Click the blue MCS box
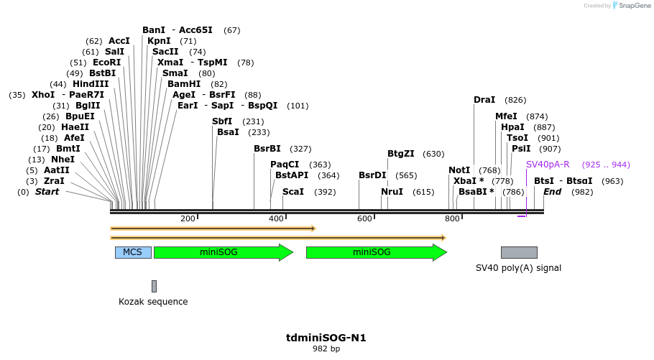click(133, 252)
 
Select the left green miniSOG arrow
click(223, 252)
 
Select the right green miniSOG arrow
click(376, 252)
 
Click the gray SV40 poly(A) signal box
click(519, 252)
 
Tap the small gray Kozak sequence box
click(154, 286)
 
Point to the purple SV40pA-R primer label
click(548, 165)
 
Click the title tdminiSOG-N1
click(326, 337)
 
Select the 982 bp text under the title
click(326, 349)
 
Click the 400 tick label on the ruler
click(276, 219)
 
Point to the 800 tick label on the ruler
click(452, 219)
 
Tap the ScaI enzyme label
click(293, 192)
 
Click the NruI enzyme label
click(392, 192)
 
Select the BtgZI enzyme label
click(401, 154)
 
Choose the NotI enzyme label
click(459, 170)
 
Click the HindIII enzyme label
click(91, 84)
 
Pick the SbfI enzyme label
click(222, 121)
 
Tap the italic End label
click(552, 192)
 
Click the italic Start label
click(47, 192)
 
